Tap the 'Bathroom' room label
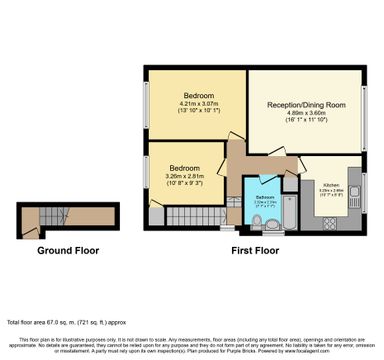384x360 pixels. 264,197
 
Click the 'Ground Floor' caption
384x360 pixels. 66,250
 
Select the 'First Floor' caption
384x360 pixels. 254,250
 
